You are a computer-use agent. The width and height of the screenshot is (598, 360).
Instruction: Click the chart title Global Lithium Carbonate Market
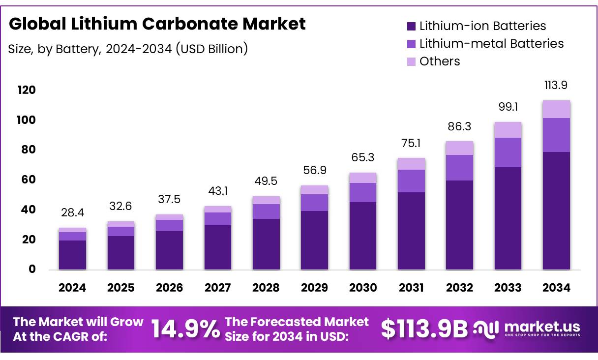[x=157, y=24]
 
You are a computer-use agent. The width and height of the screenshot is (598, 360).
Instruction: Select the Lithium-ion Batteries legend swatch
[x=411, y=26]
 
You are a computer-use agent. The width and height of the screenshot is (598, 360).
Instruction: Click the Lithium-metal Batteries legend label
[x=491, y=44]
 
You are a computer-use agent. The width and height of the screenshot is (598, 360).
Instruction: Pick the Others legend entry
[x=440, y=61]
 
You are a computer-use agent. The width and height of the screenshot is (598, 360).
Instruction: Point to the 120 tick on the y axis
[x=27, y=90]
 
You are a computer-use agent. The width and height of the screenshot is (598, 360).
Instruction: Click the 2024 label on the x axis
[x=72, y=288]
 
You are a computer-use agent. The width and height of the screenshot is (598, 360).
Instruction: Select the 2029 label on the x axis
[x=314, y=288]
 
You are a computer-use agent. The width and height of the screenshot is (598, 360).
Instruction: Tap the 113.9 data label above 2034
[x=556, y=86]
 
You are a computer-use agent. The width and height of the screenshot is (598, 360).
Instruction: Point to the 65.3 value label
[x=362, y=158]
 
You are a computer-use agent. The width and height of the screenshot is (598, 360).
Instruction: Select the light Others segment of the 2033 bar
[x=508, y=130]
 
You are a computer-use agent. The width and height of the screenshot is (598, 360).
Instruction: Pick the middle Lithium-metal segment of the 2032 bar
[x=459, y=168]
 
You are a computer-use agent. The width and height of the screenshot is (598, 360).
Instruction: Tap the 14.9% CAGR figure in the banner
[x=185, y=330]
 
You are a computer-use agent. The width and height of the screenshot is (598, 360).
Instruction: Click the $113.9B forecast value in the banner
[x=424, y=330]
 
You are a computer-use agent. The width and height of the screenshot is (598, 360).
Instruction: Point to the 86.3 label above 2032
[x=459, y=126]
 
